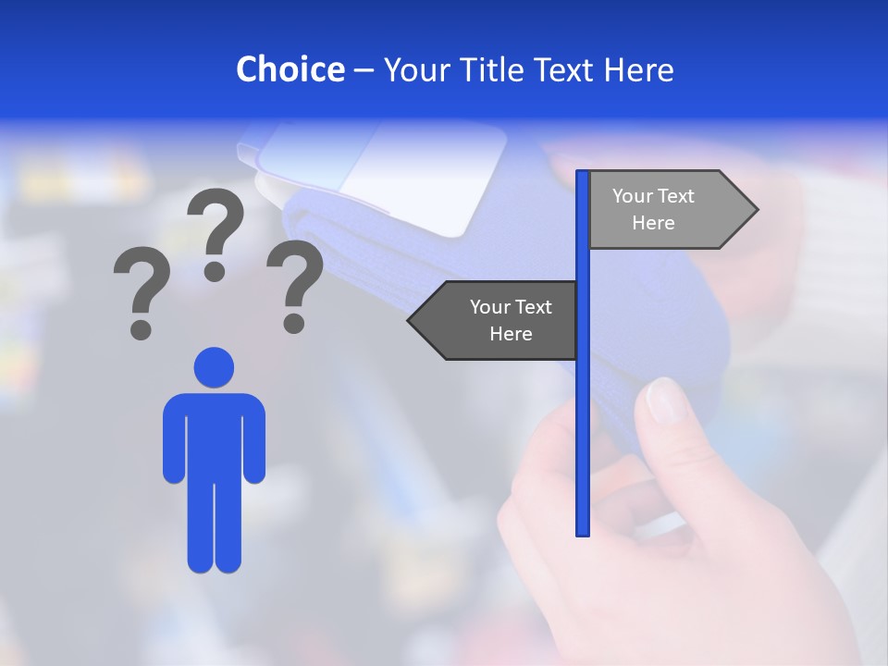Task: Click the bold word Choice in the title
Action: click(290, 69)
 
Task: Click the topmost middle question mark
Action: click(216, 231)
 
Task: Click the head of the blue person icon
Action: click(214, 367)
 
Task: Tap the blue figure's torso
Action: click(214, 435)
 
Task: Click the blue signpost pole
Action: click(583, 416)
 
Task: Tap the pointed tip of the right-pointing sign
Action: click(754, 210)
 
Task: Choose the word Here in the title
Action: click(639, 69)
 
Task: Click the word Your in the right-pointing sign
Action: click(633, 196)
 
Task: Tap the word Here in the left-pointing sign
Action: click(511, 334)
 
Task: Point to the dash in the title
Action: click(364, 70)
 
